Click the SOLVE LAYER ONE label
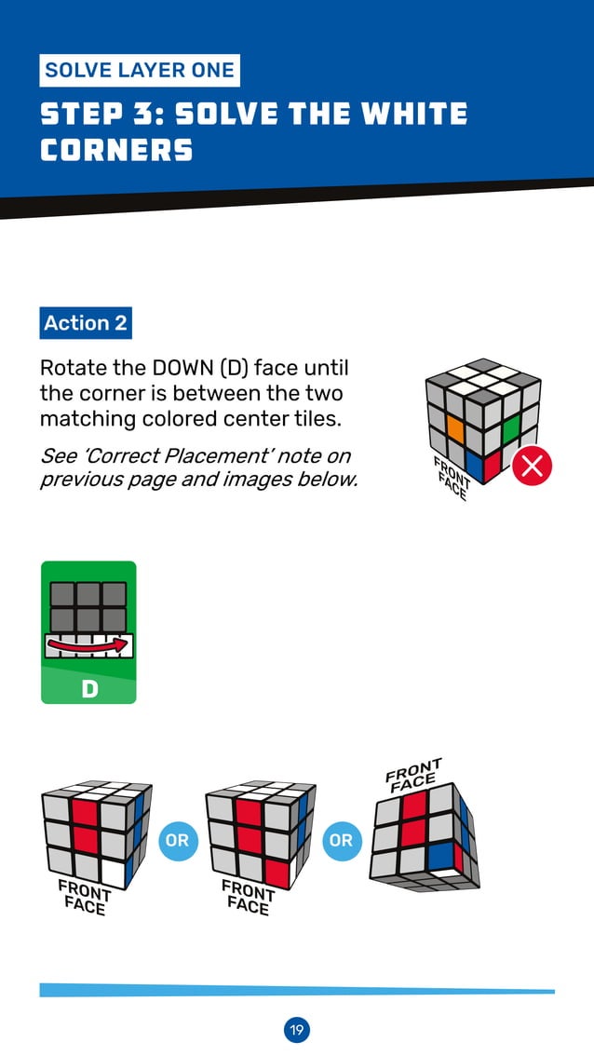coord(140,71)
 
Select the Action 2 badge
coord(86,323)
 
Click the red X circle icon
coord(533,466)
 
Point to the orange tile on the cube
coord(455,427)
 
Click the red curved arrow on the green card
coord(88,645)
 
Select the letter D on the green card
coord(89,688)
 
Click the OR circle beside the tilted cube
coord(342,841)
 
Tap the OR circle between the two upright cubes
coord(177,841)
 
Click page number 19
coord(296,1030)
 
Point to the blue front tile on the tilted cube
coord(439,855)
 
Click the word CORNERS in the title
coord(116,150)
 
